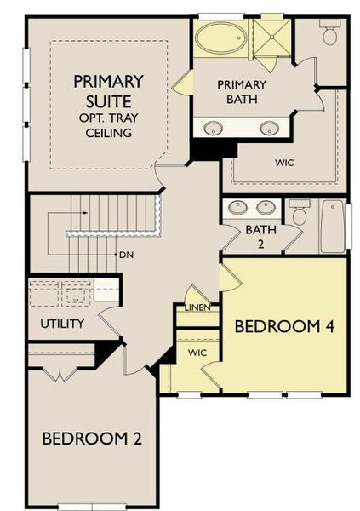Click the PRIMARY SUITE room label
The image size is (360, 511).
[x=107, y=91]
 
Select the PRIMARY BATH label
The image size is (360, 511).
[x=242, y=91]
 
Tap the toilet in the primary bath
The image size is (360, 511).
[x=329, y=34]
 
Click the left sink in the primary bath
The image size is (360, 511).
[x=213, y=129]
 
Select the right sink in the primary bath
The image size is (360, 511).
[x=269, y=129]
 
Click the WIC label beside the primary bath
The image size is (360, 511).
[x=283, y=161]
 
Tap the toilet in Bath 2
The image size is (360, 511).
[x=299, y=213]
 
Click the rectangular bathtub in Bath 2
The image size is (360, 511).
[x=333, y=226]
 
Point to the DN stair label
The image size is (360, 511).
[x=126, y=255]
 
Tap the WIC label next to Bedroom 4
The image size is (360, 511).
[x=197, y=352]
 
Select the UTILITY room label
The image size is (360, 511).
[x=61, y=324]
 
